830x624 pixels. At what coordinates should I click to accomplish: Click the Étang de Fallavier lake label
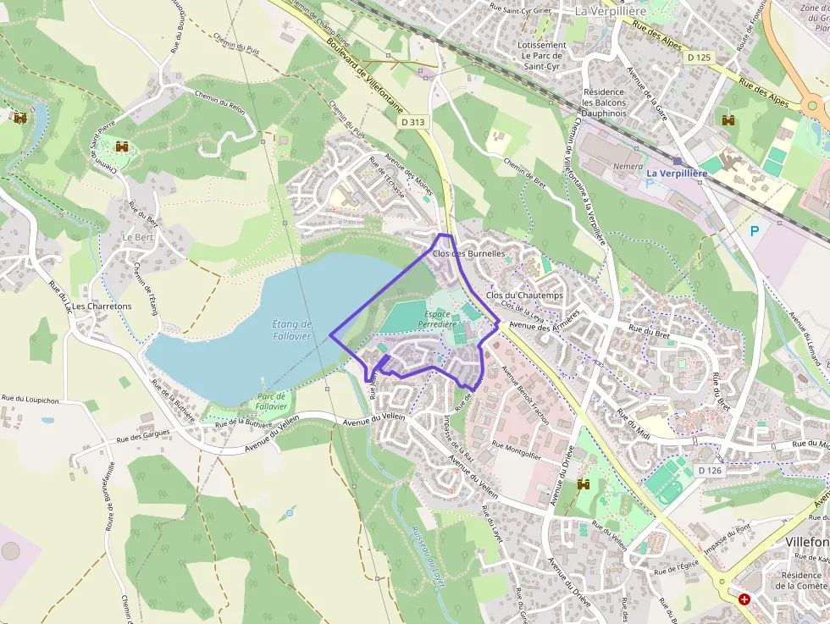click(x=292, y=330)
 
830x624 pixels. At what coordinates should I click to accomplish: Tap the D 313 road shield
click(x=413, y=122)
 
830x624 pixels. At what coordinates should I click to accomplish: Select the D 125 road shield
click(x=699, y=57)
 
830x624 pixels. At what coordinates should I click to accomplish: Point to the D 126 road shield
click(x=709, y=470)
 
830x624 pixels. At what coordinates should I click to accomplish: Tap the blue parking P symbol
click(x=755, y=230)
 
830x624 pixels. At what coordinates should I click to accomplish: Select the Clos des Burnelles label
click(x=468, y=253)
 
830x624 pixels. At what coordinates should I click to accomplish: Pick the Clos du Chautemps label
click(x=525, y=295)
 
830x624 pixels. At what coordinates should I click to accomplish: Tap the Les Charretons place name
click(x=102, y=306)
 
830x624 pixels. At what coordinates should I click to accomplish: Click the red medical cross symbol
click(x=744, y=599)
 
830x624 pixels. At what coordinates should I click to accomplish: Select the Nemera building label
click(x=628, y=167)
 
